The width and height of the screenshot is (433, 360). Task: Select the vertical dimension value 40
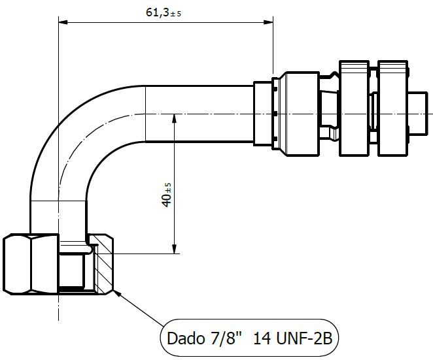tap(167, 201)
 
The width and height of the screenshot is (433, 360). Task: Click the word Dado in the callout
tap(186, 338)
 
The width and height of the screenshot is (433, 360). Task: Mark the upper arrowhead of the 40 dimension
tap(175, 118)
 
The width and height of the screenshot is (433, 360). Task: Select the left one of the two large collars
tap(354, 109)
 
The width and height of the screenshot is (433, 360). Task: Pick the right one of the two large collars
tap(392, 109)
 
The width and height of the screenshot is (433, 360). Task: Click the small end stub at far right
tap(418, 114)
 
